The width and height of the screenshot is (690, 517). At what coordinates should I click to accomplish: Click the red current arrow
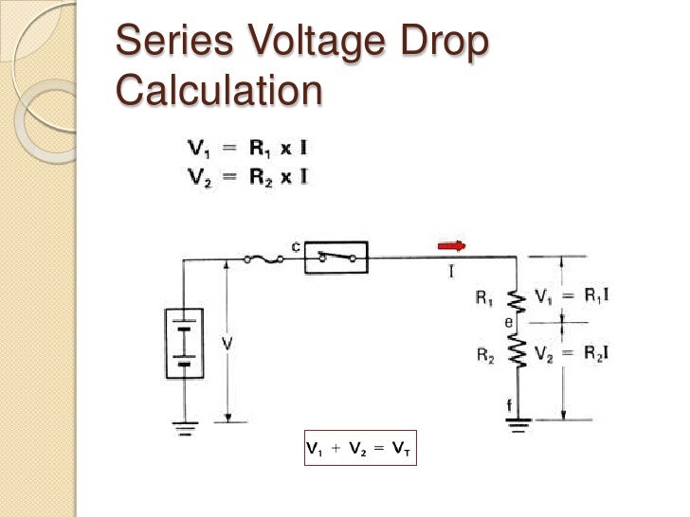pyautogui.click(x=451, y=246)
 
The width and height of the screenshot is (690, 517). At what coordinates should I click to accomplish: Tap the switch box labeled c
pyautogui.click(x=336, y=257)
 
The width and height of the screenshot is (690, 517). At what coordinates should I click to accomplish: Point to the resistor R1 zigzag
pyautogui.click(x=517, y=300)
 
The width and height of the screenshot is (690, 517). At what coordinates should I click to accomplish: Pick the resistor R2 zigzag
pyautogui.click(x=517, y=355)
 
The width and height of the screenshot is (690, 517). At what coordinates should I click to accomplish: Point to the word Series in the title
pyautogui.click(x=172, y=44)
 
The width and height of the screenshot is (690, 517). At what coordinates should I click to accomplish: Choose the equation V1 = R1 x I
pyautogui.click(x=245, y=149)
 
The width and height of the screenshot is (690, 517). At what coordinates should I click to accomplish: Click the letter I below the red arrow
pyautogui.click(x=451, y=272)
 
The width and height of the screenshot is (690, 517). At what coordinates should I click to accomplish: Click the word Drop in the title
pyautogui.click(x=447, y=44)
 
